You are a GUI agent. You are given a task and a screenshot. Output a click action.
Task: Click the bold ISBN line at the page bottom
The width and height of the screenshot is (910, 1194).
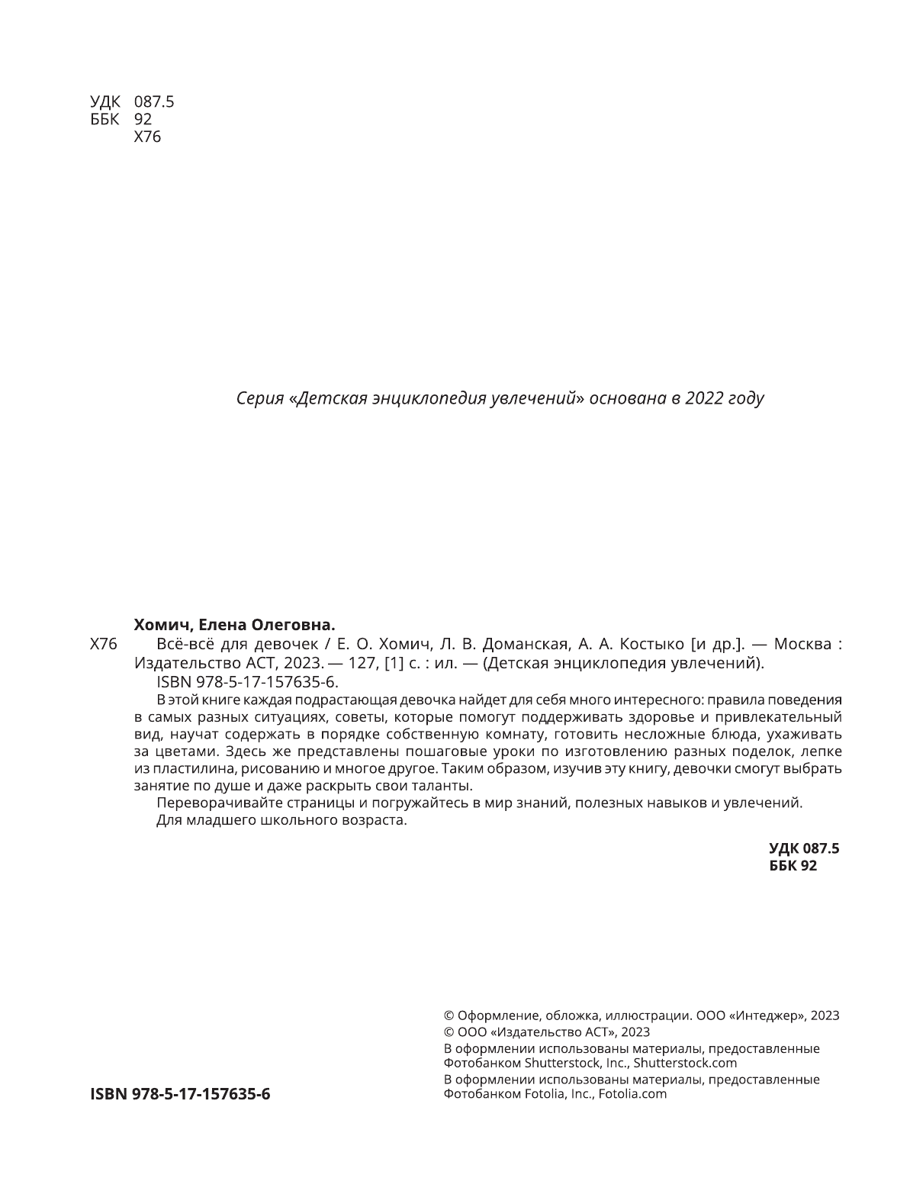tap(180, 1094)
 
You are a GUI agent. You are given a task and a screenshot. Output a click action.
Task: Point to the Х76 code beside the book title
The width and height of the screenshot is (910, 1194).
tap(103, 644)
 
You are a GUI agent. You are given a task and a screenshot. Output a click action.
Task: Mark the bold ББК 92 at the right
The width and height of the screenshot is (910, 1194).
tap(793, 866)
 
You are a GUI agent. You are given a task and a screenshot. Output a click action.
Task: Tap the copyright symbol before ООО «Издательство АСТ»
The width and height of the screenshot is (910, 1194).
tap(449, 1032)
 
